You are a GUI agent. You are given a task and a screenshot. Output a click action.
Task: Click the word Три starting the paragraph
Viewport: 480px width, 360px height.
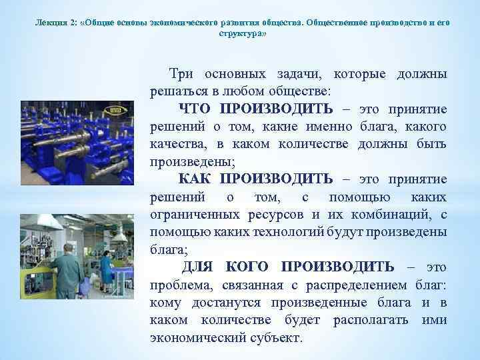(x=181, y=73)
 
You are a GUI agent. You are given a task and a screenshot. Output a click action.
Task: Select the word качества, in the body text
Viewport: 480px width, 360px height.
(x=177, y=144)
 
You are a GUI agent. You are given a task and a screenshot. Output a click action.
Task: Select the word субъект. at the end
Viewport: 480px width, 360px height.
(x=276, y=337)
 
